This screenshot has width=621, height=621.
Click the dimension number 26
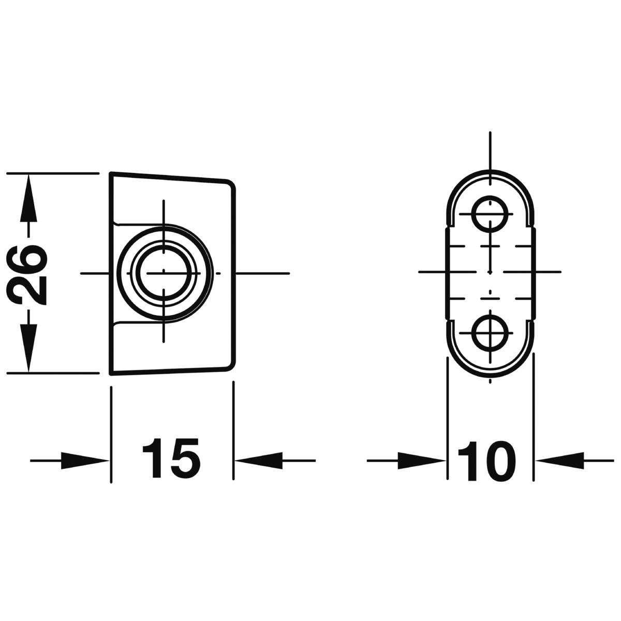coord(27,274)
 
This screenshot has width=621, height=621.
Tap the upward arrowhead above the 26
coord(28,198)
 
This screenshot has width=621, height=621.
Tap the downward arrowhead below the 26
coord(28,348)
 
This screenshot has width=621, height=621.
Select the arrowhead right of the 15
coord(259,461)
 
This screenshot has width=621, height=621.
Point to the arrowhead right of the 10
coord(560,461)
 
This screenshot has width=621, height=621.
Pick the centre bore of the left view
coord(164,273)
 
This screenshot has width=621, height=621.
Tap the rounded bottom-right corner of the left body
coord(231,365)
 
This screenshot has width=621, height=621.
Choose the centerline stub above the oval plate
coord(490,158)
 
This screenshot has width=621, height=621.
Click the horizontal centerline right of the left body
coord(263,273)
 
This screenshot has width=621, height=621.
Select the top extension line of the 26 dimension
coord(53,173)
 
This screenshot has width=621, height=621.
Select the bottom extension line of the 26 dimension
coord(53,373)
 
